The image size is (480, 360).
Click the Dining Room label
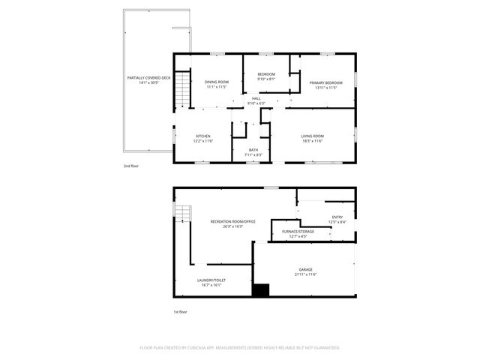click(216, 82)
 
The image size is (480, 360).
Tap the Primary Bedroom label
click(328, 82)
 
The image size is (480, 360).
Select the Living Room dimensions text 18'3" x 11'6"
click(312, 141)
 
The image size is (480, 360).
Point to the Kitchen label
click(203, 136)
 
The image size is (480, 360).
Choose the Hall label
click(256, 98)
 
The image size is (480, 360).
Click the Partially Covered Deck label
click(149, 77)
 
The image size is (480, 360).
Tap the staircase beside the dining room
click(179, 94)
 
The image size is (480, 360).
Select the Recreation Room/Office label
click(233, 221)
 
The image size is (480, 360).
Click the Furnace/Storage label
click(298, 231)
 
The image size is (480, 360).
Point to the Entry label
click(337, 217)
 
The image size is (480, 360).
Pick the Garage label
click(305, 269)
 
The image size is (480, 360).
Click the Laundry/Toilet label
click(211, 280)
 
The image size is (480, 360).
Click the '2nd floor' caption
click(132, 166)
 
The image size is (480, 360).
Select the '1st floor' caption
click(181, 311)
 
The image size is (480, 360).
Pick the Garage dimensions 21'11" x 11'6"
click(305, 274)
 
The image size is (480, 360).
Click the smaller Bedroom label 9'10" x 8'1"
click(266, 74)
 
